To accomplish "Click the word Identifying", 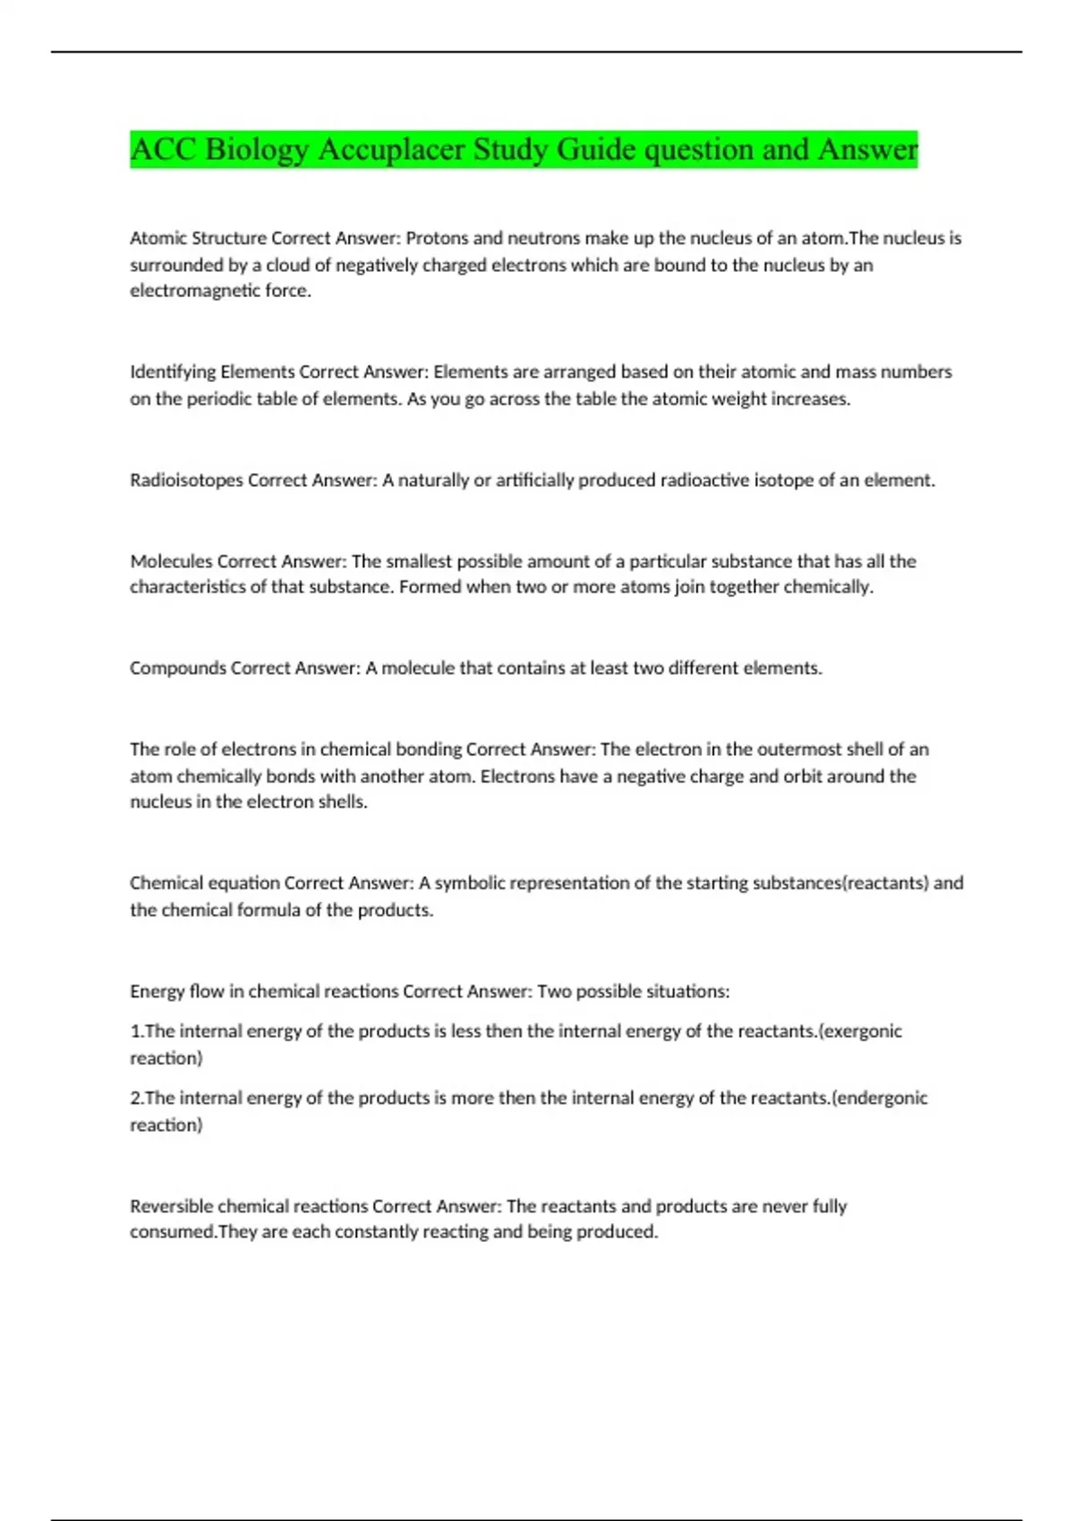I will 173,372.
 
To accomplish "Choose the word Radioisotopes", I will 186,480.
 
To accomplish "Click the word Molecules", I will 171,562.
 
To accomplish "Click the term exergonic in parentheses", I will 863,1032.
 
